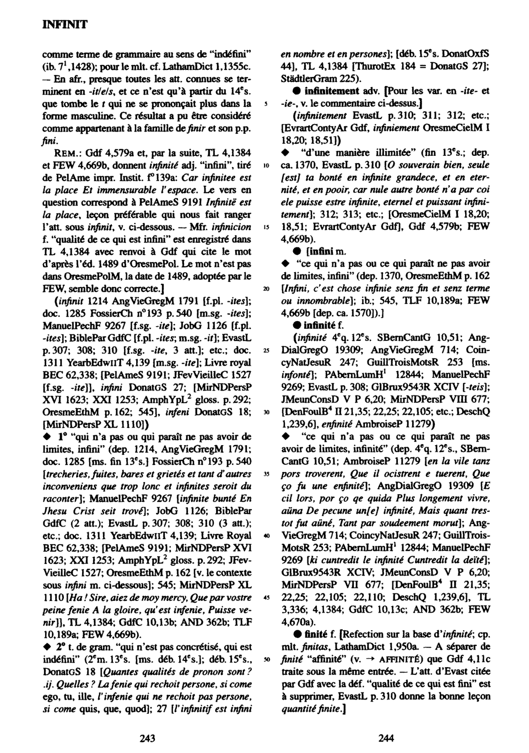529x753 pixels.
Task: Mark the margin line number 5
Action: point(267,102)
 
